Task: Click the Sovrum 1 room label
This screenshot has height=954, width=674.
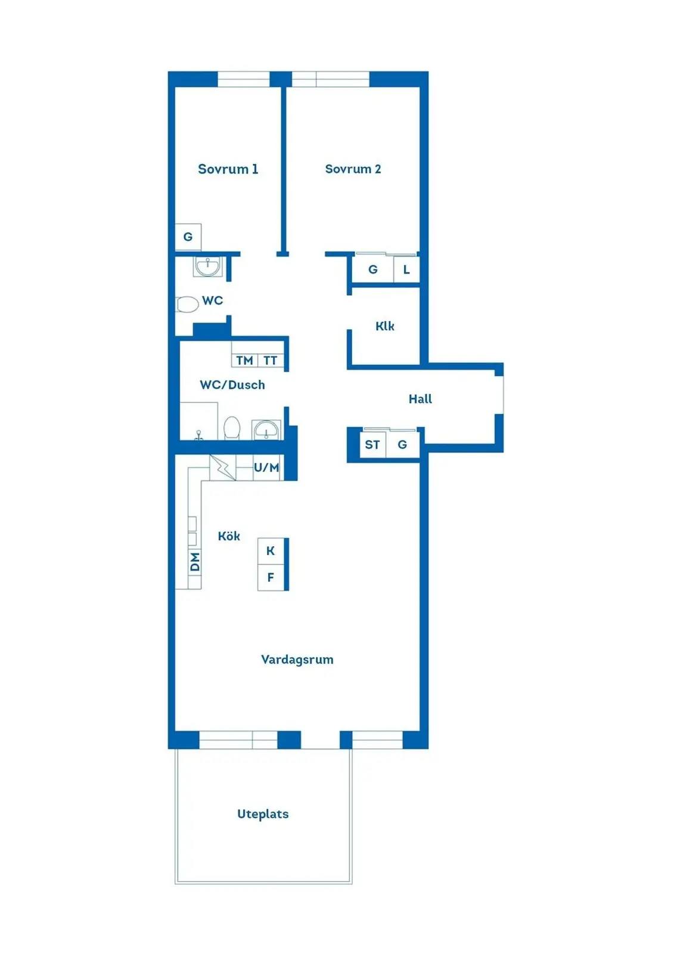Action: point(228,169)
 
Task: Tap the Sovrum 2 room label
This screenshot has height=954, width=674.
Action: point(353,169)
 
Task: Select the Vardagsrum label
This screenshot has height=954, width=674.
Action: point(297,659)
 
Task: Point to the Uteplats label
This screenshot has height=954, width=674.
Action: point(263,814)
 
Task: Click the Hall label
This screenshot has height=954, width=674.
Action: point(420,399)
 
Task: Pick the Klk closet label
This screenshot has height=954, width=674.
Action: point(385,326)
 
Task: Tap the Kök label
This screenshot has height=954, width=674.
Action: point(229,536)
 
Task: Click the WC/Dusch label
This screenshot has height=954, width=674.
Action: point(232,385)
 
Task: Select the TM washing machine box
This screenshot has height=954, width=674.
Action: point(245,360)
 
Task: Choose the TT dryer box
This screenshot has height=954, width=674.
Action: point(271,360)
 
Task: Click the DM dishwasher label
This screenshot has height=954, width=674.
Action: point(195,562)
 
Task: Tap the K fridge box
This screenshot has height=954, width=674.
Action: point(271,551)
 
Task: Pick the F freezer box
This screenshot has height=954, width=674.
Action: point(271,578)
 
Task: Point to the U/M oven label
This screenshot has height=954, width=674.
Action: point(266,467)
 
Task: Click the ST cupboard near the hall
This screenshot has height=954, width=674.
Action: point(372,445)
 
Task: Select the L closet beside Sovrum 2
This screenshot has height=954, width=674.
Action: point(406,269)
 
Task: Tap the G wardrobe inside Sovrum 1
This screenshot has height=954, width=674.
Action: point(188,237)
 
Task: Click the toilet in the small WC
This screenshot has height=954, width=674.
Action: point(187,305)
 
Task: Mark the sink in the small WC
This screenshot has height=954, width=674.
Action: point(207,267)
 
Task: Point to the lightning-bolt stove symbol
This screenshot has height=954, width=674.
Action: point(223,467)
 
